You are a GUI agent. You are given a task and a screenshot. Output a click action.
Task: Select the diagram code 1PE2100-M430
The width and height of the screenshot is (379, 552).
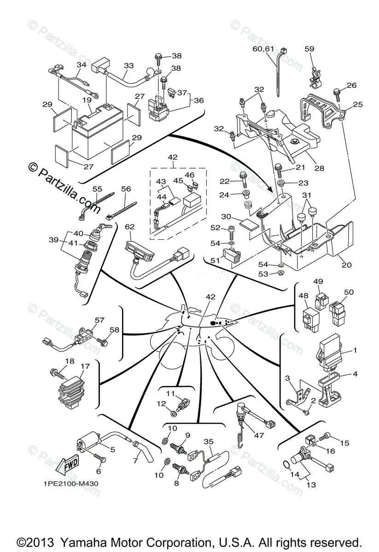pyautogui.click(x=71, y=483)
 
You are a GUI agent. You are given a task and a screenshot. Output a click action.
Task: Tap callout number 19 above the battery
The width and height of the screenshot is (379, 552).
pyautogui.click(x=87, y=100)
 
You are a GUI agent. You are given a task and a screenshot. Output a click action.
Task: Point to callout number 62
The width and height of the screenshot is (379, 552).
pyautogui.click(x=129, y=226)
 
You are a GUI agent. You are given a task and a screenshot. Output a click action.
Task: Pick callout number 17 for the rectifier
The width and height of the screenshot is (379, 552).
pyautogui.click(x=85, y=367)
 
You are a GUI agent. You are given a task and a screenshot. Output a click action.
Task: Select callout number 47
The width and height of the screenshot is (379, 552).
pyautogui.click(x=259, y=436)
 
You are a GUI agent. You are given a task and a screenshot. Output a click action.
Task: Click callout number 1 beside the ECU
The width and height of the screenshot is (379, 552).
pyautogui.click(x=355, y=350)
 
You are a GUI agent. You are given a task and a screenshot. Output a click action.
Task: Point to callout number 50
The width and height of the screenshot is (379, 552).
pyautogui.click(x=349, y=292)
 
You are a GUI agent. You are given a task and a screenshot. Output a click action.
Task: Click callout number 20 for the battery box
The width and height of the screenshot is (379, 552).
pyautogui.click(x=346, y=264)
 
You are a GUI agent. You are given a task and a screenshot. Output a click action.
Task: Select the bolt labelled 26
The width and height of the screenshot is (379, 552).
pyautogui.click(x=337, y=94)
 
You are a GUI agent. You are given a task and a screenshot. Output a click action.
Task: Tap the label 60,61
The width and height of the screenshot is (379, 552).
pyautogui.click(x=263, y=49)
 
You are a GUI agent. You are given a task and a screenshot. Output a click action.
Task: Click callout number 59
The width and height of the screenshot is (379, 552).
pyautogui.click(x=309, y=49)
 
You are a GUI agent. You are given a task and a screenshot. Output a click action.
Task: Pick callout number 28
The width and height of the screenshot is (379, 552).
pyautogui.click(x=319, y=168)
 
